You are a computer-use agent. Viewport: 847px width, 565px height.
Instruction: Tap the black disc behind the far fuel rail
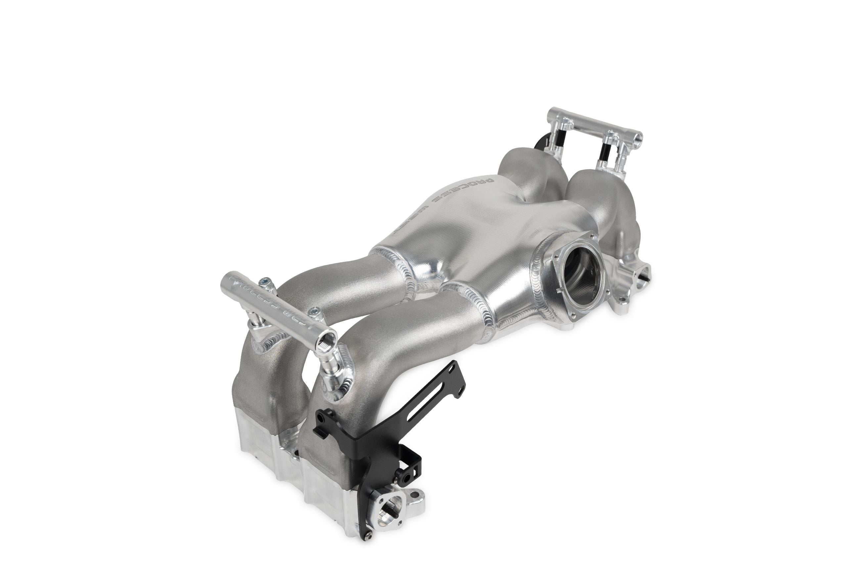tap(540, 144)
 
